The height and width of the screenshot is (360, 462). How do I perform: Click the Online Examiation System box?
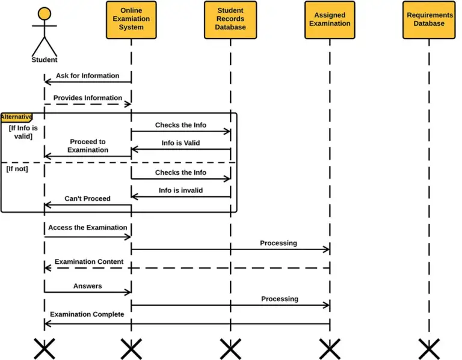click(131, 20)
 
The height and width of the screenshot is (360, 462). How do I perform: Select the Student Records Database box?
click(230, 20)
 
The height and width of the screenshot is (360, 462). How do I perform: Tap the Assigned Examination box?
click(329, 20)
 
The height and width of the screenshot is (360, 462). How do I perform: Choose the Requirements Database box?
click(429, 20)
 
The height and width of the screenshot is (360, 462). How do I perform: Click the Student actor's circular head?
click(44, 14)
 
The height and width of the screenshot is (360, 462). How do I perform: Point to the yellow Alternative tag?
click(16, 117)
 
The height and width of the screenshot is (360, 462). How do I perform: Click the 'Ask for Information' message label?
click(87, 76)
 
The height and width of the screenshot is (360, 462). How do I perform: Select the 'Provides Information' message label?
click(87, 98)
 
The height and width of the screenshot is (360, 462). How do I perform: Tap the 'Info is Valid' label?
click(180, 143)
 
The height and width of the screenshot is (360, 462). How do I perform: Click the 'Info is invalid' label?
click(180, 191)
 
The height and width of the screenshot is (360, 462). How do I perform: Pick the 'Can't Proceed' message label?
click(87, 198)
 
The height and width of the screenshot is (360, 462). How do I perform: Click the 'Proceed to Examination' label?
click(87, 146)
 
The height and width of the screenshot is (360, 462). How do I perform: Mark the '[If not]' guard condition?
click(17, 169)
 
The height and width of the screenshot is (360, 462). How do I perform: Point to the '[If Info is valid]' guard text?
click(23, 132)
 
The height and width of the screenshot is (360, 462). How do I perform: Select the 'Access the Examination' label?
click(87, 228)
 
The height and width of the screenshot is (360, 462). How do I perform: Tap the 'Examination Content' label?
click(88, 262)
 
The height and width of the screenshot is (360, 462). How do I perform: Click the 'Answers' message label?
click(87, 286)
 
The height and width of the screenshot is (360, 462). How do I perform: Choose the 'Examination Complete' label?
click(87, 314)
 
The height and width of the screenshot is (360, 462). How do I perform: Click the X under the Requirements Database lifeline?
click(429, 349)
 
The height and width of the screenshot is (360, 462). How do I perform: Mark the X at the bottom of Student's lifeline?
click(44, 349)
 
